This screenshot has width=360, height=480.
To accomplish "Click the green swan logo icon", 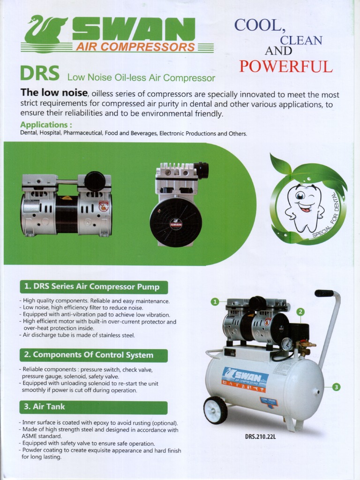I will (x=45, y=30).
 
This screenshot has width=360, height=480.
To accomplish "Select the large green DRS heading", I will (x=39, y=74).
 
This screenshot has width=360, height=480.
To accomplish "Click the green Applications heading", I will (x=46, y=125).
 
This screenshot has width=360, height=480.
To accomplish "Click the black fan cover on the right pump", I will (x=176, y=222).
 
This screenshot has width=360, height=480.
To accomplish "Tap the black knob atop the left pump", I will (x=95, y=181).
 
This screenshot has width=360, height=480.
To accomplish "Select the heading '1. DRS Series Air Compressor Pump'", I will (x=94, y=287).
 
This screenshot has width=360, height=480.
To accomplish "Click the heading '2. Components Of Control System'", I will (x=93, y=355).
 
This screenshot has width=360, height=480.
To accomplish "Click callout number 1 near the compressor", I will (x=215, y=301).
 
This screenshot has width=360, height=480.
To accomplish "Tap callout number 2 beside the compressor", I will (x=300, y=312).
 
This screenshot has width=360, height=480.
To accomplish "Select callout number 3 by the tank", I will (x=336, y=387).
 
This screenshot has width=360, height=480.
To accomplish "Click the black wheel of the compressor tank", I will (x=215, y=410).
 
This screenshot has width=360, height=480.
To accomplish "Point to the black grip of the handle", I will (x=323, y=293).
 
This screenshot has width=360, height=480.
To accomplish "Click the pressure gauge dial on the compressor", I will (x=287, y=345).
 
